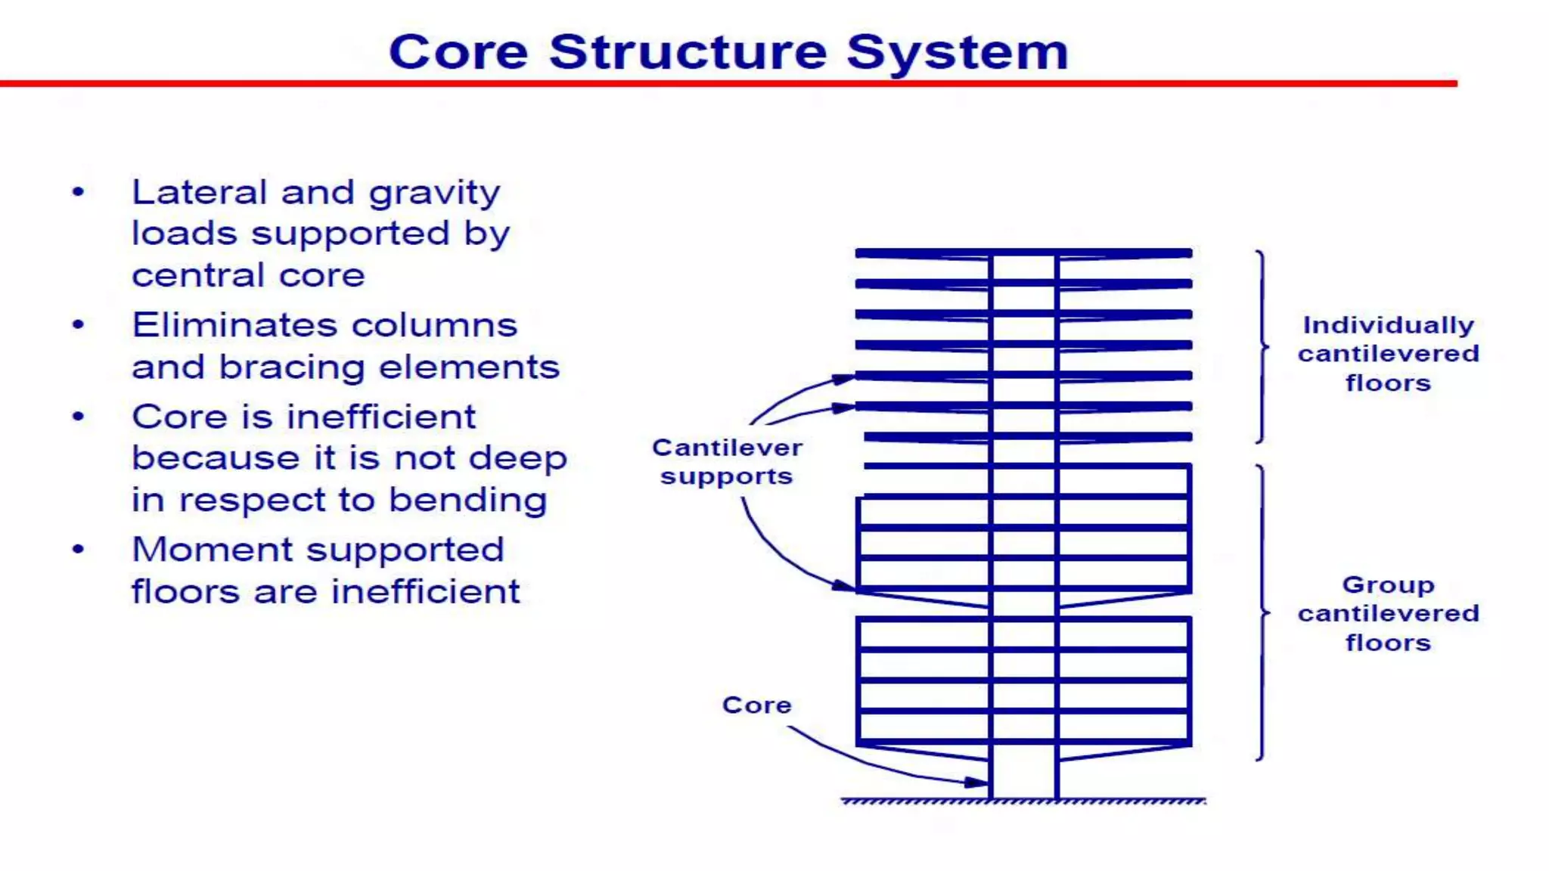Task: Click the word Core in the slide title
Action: [x=458, y=52]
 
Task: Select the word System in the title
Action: [x=957, y=52]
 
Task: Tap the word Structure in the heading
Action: [x=688, y=52]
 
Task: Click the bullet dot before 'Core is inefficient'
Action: [x=78, y=417]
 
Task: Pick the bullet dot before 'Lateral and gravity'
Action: [x=78, y=192]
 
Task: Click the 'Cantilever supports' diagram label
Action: [x=727, y=462]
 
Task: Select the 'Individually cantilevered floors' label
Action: [x=1388, y=354]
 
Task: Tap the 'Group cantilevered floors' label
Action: [x=1388, y=613]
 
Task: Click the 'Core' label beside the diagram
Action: [x=756, y=705]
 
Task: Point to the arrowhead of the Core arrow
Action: [x=979, y=783]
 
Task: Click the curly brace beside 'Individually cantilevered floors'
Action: [x=1262, y=347]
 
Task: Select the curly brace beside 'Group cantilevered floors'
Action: [x=1262, y=612]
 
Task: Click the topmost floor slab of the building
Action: [x=1023, y=253]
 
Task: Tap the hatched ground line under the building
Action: [x=1023, y=801]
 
